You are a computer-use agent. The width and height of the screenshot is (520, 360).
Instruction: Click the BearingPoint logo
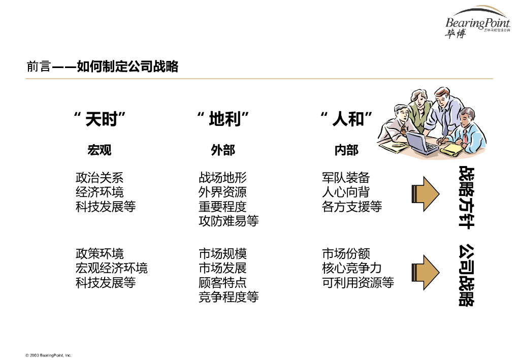(x=477, y=23)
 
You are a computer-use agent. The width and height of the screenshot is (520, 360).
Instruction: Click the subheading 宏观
(x=99, y=150)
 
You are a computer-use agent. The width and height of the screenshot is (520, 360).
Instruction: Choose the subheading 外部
(x=223, y=150)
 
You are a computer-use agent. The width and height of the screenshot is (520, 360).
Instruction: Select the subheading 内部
(x=346, y=150)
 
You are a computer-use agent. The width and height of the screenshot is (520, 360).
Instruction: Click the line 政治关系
(x=99, y=178)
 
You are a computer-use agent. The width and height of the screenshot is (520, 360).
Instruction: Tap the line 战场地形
(x=222, y=178)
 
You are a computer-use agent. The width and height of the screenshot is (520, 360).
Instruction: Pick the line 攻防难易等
(x=229, y=221)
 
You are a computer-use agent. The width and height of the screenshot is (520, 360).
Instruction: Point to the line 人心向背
(x=345, y=192)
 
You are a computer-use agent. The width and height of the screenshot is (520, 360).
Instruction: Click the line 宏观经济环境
(x=111, y=268)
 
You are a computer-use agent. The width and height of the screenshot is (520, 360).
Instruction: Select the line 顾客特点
(x=222, y=282)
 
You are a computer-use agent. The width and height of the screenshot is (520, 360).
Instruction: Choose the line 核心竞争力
(x=351, y=268)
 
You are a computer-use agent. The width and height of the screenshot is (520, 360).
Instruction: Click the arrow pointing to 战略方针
(x=425, y=193)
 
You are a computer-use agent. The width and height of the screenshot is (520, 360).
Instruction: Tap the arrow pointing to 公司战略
(x=425, y=273)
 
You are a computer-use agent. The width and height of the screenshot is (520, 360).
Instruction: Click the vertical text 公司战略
(x=466, y=275)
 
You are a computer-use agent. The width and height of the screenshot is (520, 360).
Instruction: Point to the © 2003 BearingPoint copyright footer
(x=49, y=355)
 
